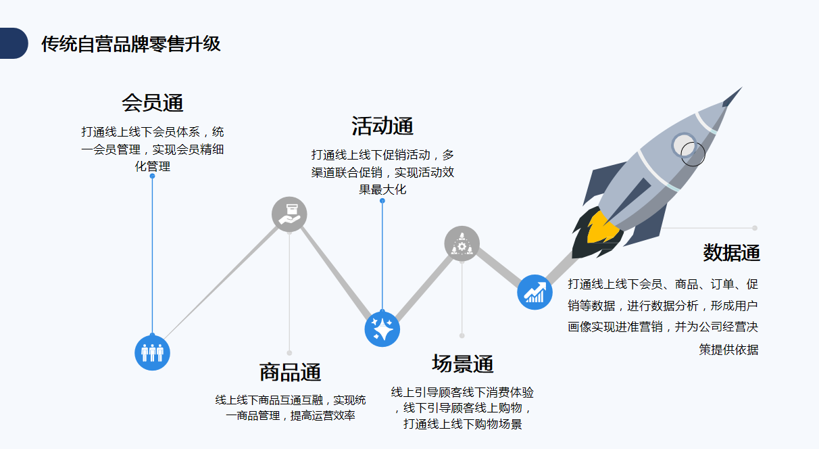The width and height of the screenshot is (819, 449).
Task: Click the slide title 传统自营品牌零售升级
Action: [130, 44]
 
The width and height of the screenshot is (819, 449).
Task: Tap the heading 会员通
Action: [152, 103]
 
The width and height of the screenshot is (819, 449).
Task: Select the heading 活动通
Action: [382, 126]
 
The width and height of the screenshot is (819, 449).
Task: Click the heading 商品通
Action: [290, 372]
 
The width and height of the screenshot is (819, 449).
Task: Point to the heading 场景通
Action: [462, 364]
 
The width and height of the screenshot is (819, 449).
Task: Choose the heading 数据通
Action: [731, 253]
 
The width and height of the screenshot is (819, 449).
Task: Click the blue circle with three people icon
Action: [152, 353]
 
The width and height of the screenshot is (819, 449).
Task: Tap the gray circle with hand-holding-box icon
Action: [289, 214]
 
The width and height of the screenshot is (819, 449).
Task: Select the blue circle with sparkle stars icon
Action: [382, 329]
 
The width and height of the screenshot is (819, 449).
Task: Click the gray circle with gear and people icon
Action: [462, 244]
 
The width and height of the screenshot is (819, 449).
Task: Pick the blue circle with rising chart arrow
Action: [535, 292]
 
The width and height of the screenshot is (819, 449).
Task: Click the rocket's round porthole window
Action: [687, 146]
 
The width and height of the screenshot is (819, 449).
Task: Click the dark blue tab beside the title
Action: [13, 43]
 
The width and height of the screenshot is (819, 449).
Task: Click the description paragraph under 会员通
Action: [152, 148]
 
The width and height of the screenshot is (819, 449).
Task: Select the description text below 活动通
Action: [382, 172]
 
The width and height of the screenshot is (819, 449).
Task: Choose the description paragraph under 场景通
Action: [462, 408]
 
